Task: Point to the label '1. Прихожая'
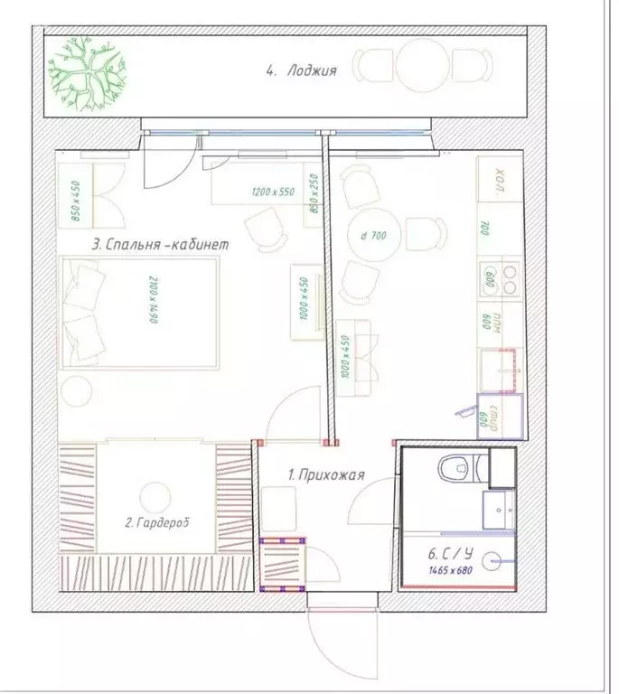pyautogui.click(x=325, y=474)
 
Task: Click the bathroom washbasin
pyautogui.click(x=497, y=511)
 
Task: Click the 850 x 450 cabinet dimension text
pyautogui.click(x=77, y=201)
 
